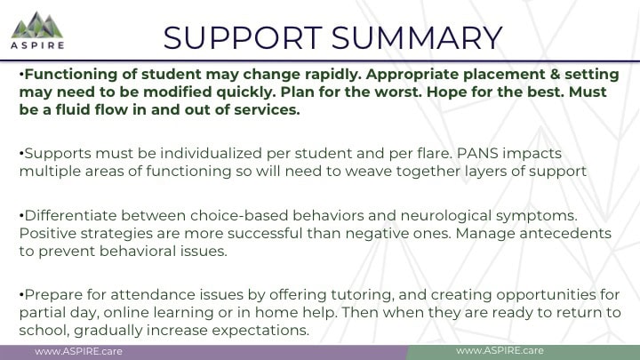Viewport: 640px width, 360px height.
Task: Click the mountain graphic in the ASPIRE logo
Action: [x=37, y=25]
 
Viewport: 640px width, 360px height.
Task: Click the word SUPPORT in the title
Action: [x=243, y=38]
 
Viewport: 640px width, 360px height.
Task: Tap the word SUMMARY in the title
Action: [x=417, y=38]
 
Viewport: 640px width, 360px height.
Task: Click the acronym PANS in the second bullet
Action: [x=477, y=154]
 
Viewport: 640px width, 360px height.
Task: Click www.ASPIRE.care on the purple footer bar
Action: [x=78, y=351]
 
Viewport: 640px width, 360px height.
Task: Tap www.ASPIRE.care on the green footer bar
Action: [x=500, y=350]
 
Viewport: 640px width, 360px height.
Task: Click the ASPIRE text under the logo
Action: [x=37, y=45]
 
